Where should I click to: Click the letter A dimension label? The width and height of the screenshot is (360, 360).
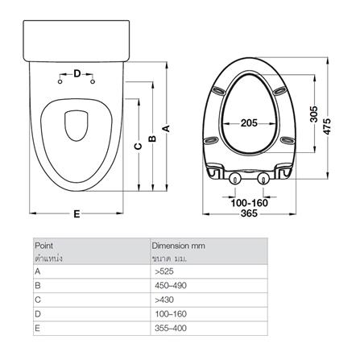[x=166, y=126]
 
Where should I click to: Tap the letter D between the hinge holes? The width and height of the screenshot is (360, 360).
[x=77, y=74]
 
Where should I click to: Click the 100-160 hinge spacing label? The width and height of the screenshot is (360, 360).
[x=250, y=202]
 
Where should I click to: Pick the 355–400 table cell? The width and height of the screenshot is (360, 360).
[x=168, y=329]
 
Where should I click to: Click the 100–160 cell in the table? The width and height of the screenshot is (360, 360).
[x=168, y=315]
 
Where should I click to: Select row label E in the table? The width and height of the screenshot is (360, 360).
[x=37, y=329]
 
